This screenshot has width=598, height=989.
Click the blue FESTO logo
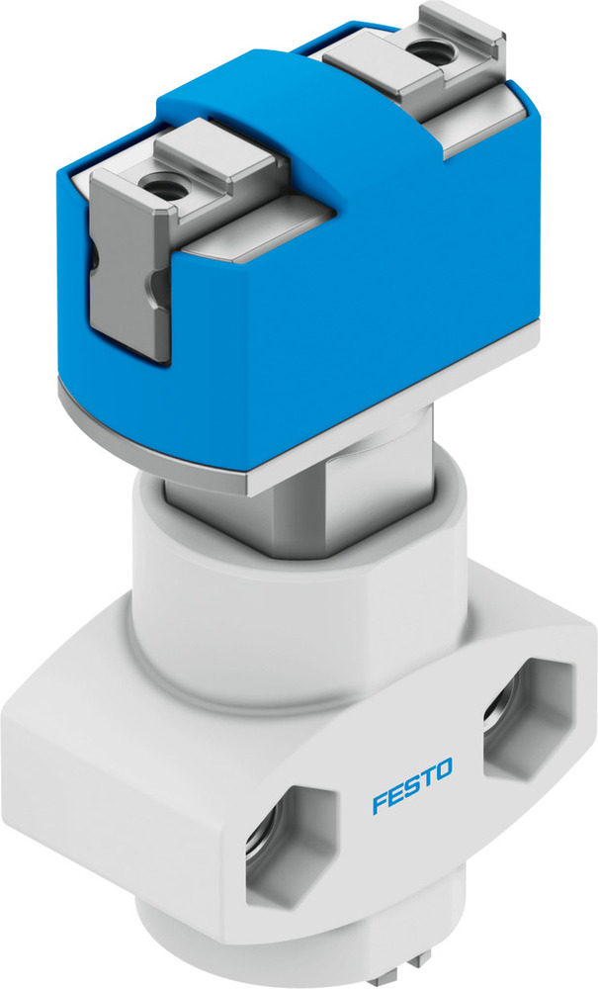click(x=412, y=784)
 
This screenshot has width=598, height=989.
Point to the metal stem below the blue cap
click(x=297, y=514)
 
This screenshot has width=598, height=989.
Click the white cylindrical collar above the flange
click(x=297, y=603)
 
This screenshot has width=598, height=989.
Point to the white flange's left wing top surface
click(x=89, y=682)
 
